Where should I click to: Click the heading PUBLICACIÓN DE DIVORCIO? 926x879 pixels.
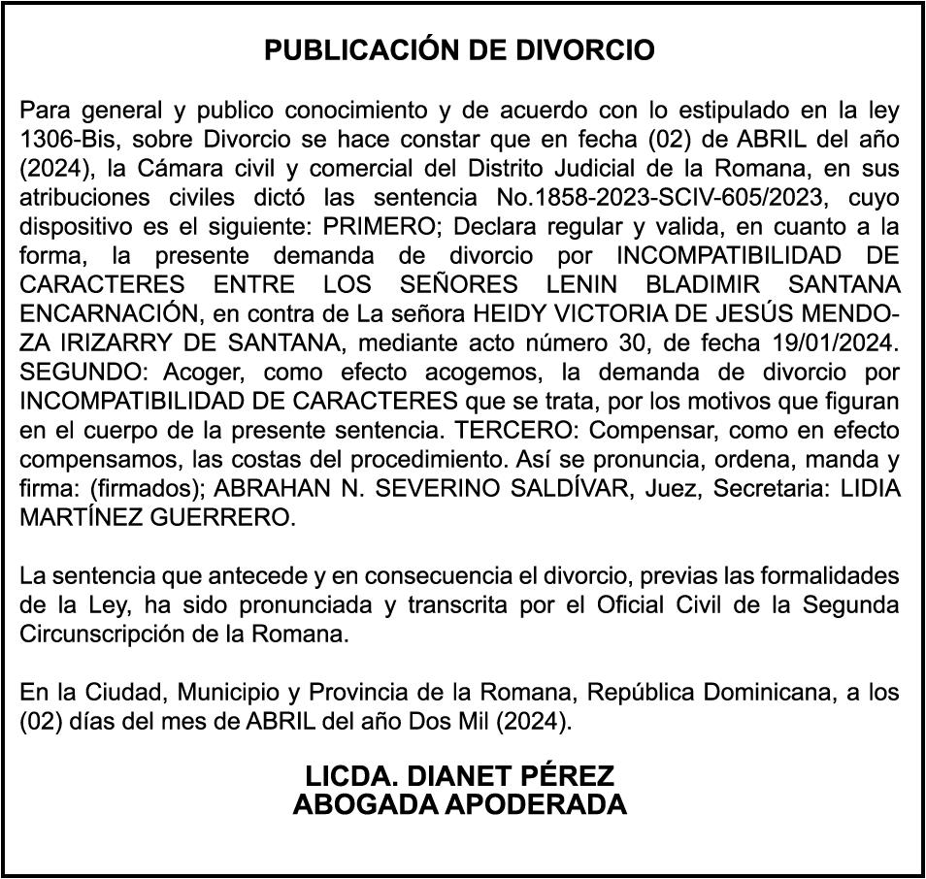(x=460, y=51)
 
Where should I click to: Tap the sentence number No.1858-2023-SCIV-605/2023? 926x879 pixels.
(x=661, y=198)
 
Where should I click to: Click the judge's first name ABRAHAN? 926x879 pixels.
(x=276, y=489)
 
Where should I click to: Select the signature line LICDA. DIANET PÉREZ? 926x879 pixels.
(x=460, y=777)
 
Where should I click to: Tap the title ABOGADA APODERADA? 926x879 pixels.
(x=460, y=804)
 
